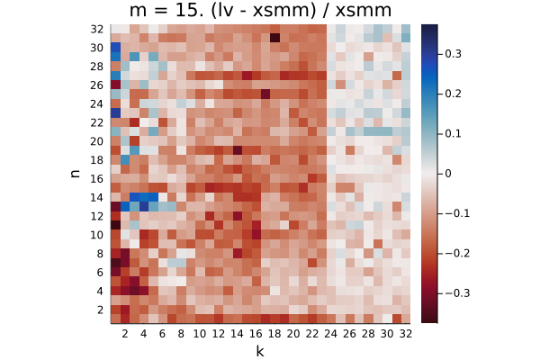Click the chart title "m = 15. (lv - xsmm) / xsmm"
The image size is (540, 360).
pos(260,10)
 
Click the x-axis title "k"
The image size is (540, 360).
pos(260,351)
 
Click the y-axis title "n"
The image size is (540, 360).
pos(75,174)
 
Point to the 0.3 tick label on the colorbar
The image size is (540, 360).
pos(453,54)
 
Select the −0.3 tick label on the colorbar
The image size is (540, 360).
pos(457,293)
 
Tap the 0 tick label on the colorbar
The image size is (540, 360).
pos(447,174)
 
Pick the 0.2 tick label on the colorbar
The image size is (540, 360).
pos(453,94)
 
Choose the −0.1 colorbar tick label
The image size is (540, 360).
pos(457,213)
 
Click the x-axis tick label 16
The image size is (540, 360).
pos(256,334)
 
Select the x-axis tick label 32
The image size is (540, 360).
pos(405,334)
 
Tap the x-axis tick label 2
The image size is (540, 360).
pos(125,334)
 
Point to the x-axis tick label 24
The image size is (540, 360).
pos(330,334)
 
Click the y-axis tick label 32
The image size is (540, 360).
pos(97,30)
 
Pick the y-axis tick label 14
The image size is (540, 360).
pos(97,198)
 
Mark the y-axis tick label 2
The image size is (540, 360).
pos(100,310)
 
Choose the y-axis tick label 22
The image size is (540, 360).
pos(97,123)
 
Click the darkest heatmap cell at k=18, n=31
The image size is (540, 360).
pos(274,38)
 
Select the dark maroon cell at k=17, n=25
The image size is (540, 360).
pos(265,94)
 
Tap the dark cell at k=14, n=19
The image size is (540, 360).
pos(237,150)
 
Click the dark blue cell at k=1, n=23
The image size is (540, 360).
pos(115,112)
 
